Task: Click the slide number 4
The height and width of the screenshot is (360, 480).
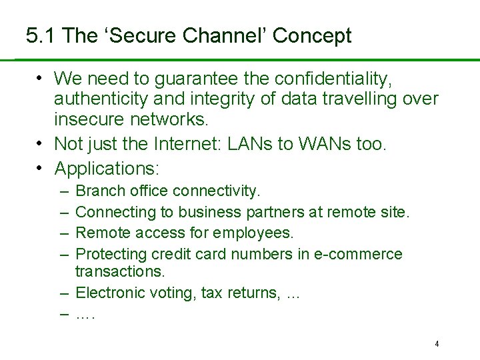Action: tap(437, 344)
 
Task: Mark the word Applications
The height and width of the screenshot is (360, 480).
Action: tap(107, 167)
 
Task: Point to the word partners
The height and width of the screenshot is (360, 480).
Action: tap(274, 212)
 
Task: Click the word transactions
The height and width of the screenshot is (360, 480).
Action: tap(119, 271)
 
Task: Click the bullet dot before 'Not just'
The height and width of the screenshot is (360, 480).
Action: tap(41, 143)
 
